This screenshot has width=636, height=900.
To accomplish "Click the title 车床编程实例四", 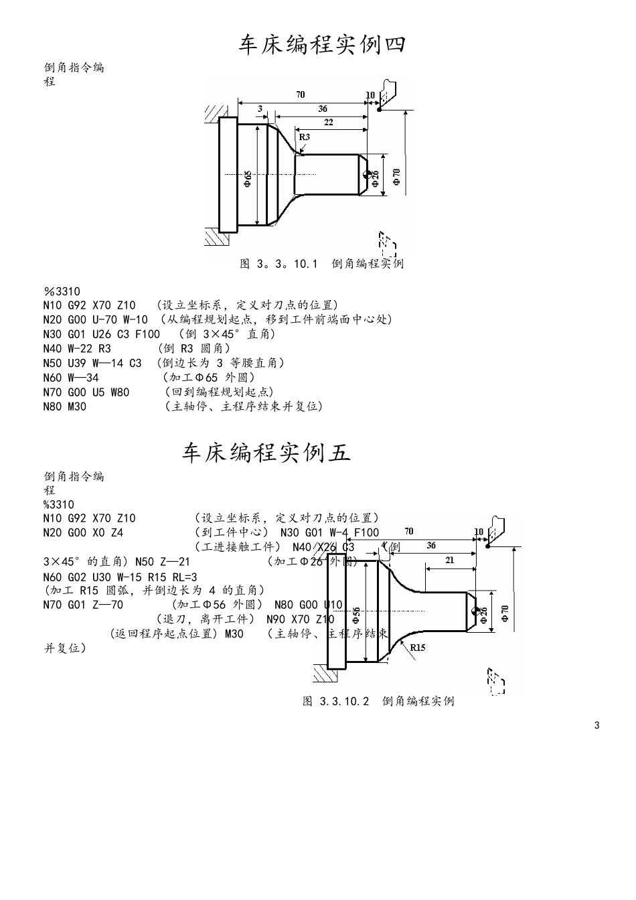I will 322,45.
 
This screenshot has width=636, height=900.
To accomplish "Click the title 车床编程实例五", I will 266,453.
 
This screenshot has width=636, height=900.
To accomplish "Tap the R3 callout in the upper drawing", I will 305,137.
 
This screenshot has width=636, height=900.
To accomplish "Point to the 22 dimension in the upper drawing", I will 328,123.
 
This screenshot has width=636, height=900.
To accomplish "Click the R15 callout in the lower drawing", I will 418,648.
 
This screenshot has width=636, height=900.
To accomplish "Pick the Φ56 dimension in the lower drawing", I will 357,613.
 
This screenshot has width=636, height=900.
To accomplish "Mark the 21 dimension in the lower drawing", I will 450,560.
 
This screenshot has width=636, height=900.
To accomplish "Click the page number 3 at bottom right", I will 597,725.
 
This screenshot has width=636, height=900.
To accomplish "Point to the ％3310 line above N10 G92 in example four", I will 62,291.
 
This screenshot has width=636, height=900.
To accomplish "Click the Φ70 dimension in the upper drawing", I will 397,177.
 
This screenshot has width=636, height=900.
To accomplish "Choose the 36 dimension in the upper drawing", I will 323,108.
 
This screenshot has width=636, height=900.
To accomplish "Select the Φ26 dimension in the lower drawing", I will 484,614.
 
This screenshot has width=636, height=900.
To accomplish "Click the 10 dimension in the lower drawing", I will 479,532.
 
